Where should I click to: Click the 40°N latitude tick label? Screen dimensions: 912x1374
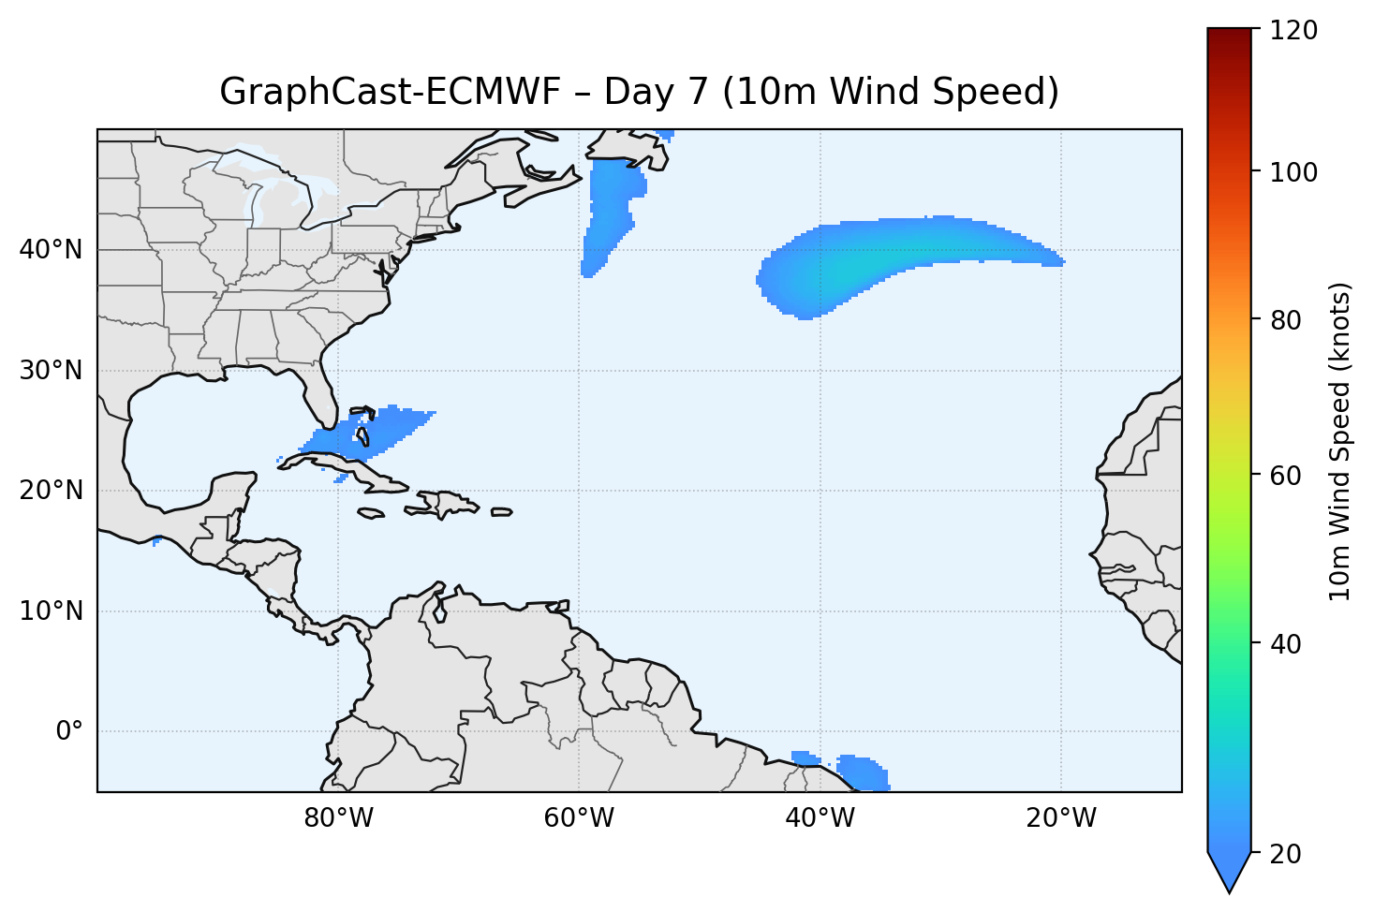(x=52, y=250)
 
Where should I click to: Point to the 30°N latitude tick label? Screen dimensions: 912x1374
(x=52, y=371)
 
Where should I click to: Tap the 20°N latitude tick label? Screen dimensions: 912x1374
(x=52, y=491)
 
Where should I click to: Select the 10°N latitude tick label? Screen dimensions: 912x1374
(x=52, y=611)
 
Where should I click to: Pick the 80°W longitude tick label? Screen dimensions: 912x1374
(x=338, y=818)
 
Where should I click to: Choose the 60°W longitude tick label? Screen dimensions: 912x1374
(x=579, y=818)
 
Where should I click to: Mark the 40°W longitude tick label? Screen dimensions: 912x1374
(x=820, y=818)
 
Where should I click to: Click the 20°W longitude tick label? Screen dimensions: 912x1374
(x=1061, y=818)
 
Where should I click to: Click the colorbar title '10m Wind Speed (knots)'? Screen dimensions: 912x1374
(x=1340, y=441)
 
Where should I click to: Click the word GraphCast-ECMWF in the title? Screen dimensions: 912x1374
(x=390, y=92)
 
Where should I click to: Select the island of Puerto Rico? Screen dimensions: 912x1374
(x=502, y=512)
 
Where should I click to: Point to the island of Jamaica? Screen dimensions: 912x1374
(x=372, y=513)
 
